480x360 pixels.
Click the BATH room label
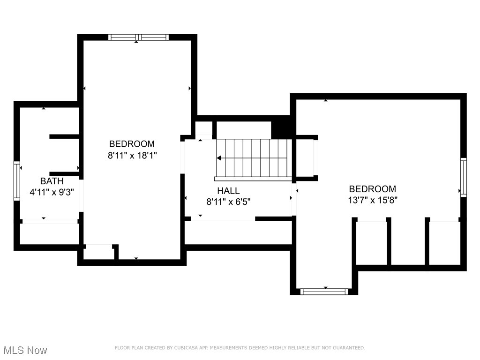coord(52,181)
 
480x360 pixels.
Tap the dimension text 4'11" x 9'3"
coord(52,192)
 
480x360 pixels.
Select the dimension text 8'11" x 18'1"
coord(132,155)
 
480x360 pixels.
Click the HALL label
coord(228,191)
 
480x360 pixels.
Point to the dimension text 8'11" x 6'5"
coord(228,202)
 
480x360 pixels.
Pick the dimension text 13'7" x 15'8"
coord(372,200)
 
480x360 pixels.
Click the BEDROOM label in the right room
coord(372,189)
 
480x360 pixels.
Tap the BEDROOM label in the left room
coord(132,144)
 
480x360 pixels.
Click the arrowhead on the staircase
coord(219,158)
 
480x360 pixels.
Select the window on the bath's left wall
coord(17,181)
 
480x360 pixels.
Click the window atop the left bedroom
coord(138,37)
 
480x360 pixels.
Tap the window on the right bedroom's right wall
coord(463,177)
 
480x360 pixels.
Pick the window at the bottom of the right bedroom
coord(324,292)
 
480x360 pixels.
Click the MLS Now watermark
coord(25,350)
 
